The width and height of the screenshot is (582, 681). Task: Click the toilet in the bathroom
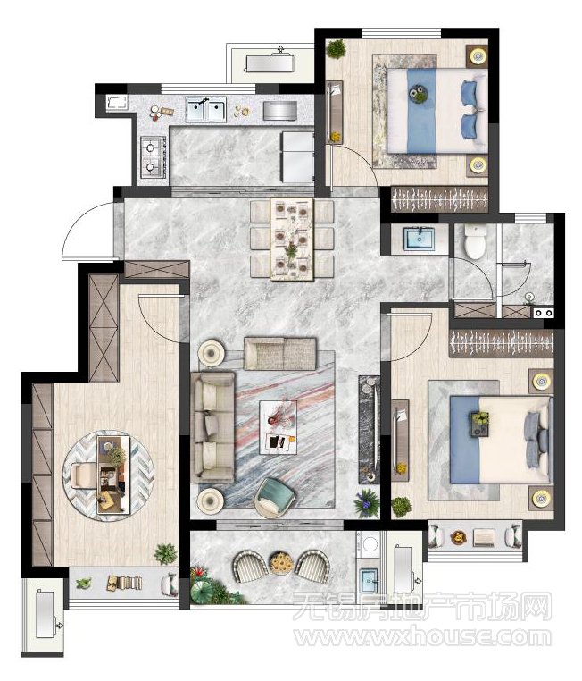point(475,241)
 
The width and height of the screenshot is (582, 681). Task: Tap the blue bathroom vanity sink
point(420,239)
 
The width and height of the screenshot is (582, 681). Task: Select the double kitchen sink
point(206,108)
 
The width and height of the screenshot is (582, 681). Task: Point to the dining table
point(292,240)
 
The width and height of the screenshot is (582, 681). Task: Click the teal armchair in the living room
point(275,497)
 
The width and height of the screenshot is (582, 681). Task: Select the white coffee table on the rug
point(278,427)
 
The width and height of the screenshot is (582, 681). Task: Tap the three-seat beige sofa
point(212,427)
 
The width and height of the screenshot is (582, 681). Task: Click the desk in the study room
point(113,475)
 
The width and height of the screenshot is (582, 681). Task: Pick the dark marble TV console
point(369,430)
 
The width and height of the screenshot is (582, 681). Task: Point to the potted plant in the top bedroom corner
point(337,48)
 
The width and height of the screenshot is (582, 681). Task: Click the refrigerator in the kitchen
point(296,157)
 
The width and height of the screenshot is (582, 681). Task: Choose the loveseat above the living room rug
point(279,354)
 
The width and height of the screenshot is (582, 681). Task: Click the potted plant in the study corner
point(166,554)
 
